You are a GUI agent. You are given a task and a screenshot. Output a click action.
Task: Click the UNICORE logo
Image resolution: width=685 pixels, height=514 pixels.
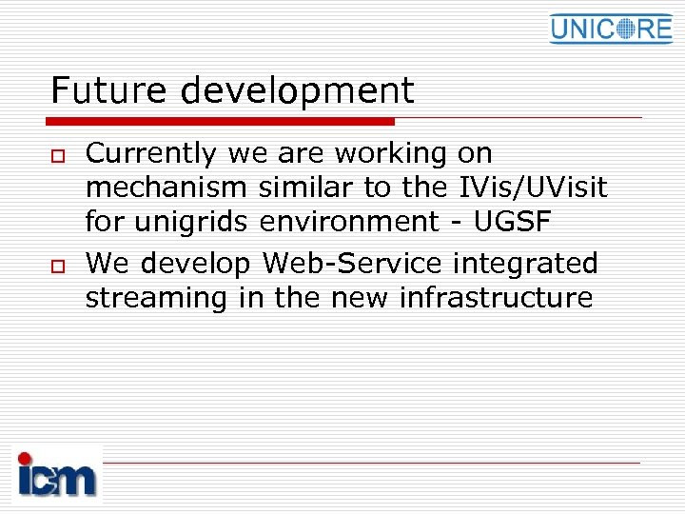click(610, 29)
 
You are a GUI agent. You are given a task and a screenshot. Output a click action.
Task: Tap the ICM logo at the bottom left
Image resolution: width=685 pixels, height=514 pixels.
click(57, 474)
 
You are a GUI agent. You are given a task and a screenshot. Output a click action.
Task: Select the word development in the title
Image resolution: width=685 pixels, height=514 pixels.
click(297, 91)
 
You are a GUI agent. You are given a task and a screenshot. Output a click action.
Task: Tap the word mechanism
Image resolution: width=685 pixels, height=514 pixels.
click(166, 188)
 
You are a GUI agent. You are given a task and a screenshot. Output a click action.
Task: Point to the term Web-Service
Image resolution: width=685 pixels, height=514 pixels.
click(352, 263)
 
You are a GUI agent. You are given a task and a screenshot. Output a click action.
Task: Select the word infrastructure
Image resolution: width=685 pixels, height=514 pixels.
click(496, 298)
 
